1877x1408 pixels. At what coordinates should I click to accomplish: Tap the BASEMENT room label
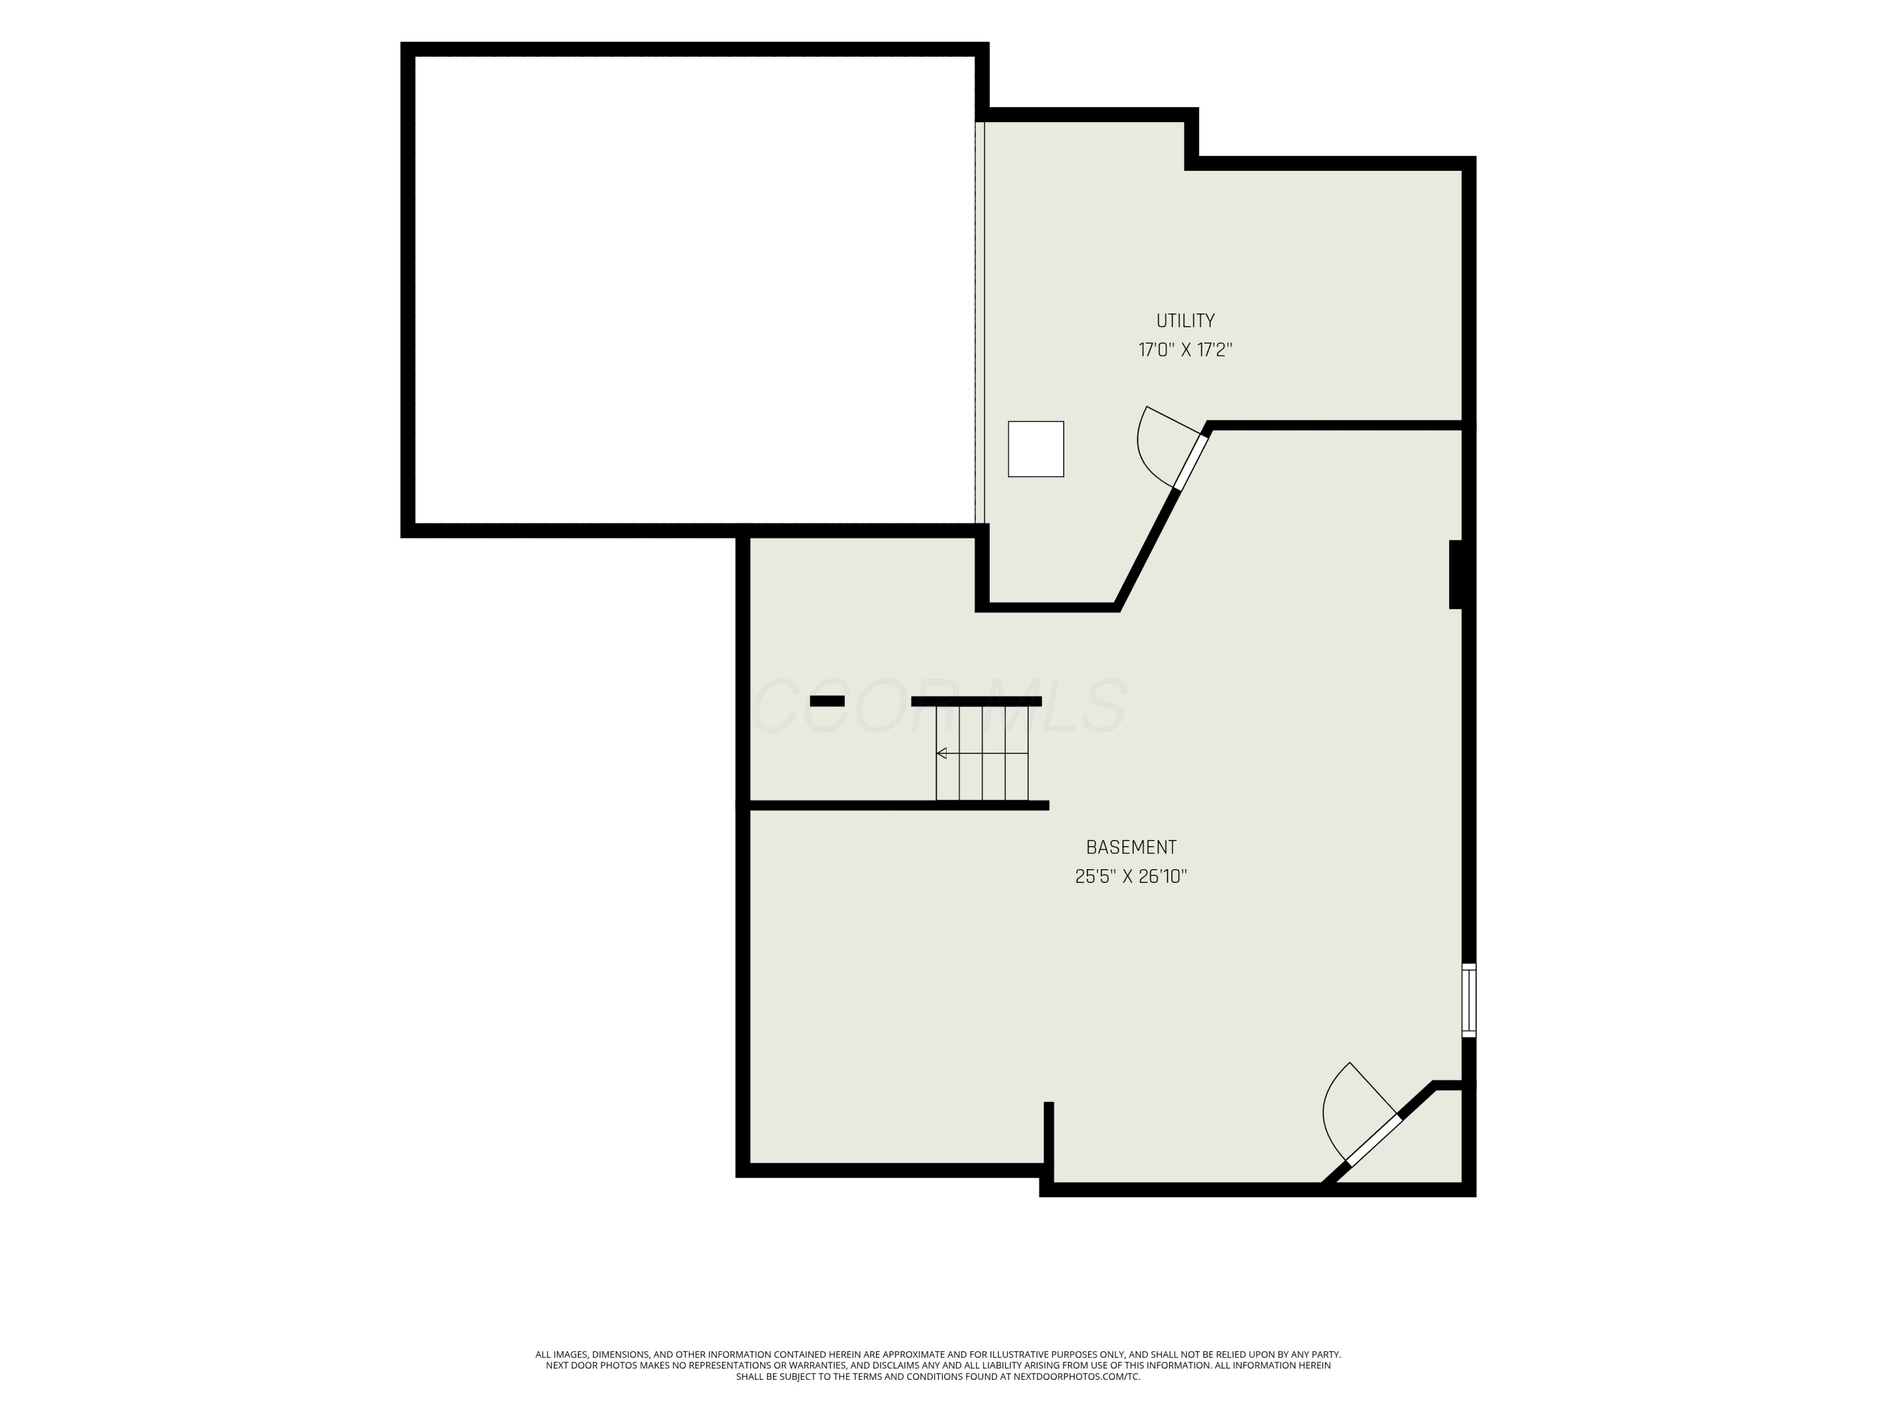click(1131, 847)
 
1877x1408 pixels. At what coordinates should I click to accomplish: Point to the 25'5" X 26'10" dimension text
click(1131, 877)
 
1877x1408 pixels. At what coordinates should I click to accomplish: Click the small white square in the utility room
click(1035, 449)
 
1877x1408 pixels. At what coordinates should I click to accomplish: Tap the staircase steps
click(982, 753)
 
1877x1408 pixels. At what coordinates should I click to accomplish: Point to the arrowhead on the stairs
click(941, 753)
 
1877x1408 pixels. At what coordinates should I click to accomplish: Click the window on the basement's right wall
click(1469, 1000)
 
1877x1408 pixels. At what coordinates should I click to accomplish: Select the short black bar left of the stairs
click(827, 701)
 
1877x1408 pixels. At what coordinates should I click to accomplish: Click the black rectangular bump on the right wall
click(1455, 574)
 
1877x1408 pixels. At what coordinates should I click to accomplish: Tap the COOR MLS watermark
click(939, 706)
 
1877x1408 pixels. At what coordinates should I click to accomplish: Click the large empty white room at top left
click(694, 289)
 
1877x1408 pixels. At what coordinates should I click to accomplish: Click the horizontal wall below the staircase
click(898, 805)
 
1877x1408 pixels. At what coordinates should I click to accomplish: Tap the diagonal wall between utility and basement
click(1146, 548)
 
